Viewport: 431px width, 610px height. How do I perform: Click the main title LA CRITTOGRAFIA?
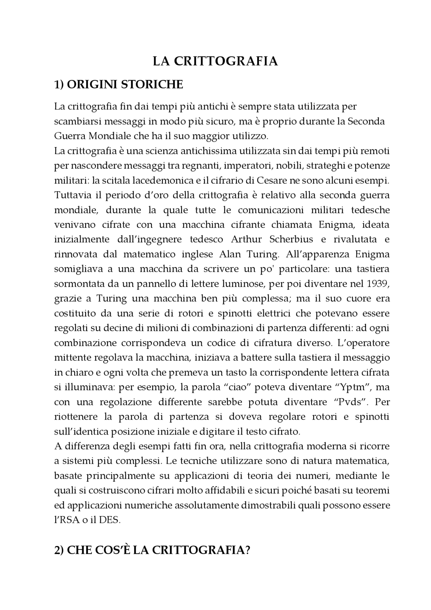point(215,61)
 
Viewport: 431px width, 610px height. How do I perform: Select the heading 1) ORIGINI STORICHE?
point(119,85)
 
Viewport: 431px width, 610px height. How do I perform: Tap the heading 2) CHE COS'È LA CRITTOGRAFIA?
point(152,550)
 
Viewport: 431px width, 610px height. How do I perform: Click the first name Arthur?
point(246,239)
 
